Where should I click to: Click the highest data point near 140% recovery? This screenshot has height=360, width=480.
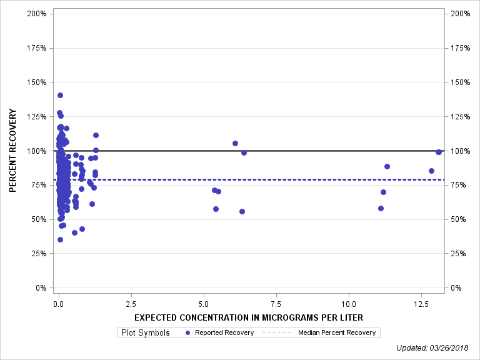[60, 96]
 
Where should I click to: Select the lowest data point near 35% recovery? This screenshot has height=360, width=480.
[60, 239]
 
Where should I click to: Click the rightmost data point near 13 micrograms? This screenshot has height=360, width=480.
[439, 152]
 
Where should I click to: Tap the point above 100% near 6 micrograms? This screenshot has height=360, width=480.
[235, 143]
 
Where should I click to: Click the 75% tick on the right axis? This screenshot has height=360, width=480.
[457, 185]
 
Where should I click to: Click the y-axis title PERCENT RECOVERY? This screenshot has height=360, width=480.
[12, 151]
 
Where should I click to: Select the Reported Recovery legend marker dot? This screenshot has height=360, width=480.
[188, 332]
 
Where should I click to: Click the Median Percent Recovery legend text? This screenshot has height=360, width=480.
[336, 332]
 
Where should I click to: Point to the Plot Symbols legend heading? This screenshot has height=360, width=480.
[145, 332]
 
